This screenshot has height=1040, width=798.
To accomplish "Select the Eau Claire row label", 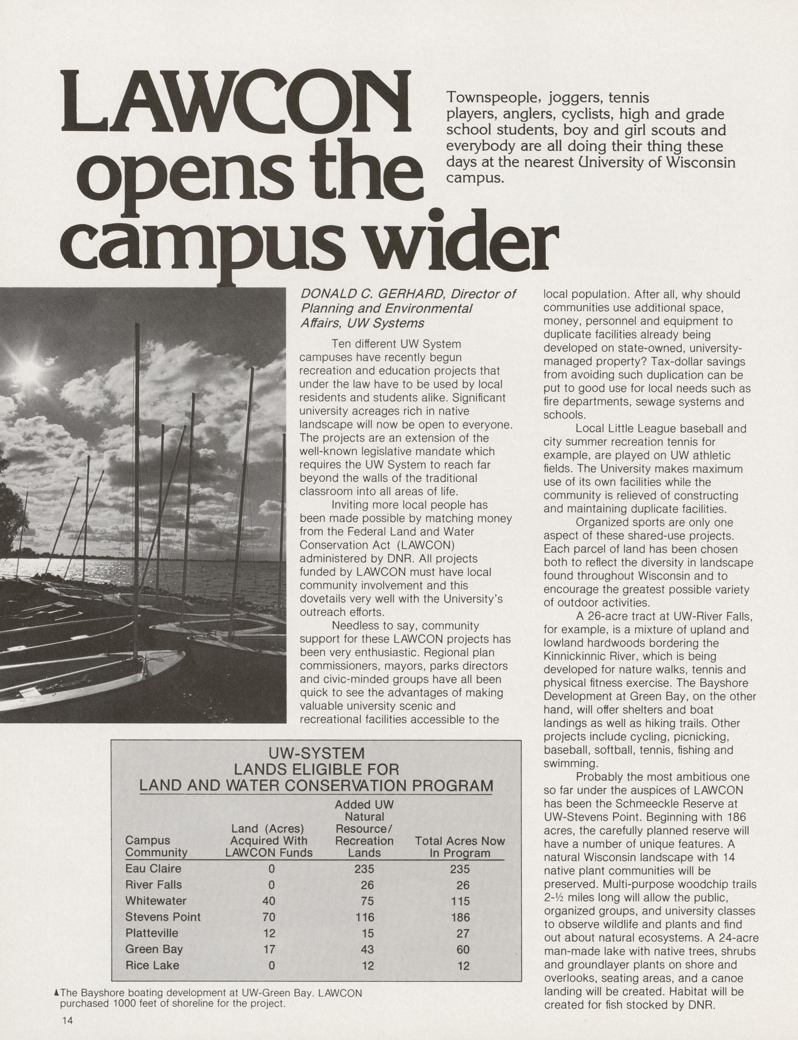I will [153, 869].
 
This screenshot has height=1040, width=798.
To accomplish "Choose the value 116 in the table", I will [364, 917].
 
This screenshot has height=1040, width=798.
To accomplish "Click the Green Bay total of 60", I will [463, 949].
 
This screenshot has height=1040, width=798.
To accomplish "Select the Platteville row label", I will [151, 933].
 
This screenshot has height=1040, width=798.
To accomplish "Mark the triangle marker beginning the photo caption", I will [57, 993].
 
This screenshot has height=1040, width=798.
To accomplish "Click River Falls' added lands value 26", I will [367, 885].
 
